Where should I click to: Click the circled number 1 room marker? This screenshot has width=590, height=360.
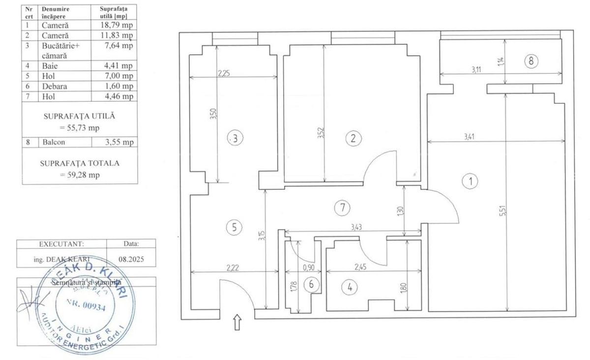[471, 181]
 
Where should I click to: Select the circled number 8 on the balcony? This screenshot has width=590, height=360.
[531, 61]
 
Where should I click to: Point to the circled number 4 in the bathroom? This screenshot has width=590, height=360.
[350, 288]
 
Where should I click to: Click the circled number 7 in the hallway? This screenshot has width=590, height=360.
[342, 208]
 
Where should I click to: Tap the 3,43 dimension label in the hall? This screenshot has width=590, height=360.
[357, 227]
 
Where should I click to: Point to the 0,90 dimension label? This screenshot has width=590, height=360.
[308, 268]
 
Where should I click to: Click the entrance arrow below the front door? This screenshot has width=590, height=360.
[237, 323]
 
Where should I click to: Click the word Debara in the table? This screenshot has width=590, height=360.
[55, 87]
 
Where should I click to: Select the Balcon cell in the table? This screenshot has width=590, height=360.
[54, 142]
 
